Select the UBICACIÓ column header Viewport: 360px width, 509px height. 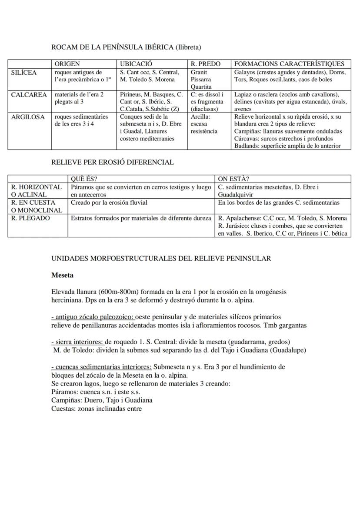tap(136, 64)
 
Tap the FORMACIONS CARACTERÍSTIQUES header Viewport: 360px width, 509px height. tap(289, 64)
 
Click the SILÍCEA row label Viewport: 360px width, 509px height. tap(24, 73)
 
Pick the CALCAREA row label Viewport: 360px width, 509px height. tap(29, 95)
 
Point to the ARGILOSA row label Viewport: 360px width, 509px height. tap(28, 117)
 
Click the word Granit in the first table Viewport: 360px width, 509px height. tap(199, 72)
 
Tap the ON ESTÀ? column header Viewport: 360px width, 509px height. tap(233, 179)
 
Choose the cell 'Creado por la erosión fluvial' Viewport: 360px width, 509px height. tap(109, 203)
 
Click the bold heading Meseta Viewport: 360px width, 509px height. tap(62, 275)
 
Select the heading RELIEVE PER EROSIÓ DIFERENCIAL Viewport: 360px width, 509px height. tap(113, 162)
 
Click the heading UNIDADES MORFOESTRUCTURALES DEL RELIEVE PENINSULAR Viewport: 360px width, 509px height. tap(161, 258)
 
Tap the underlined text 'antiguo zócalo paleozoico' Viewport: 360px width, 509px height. tap(94, 317)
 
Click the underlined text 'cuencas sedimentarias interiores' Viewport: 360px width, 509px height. tap(103, 366)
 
